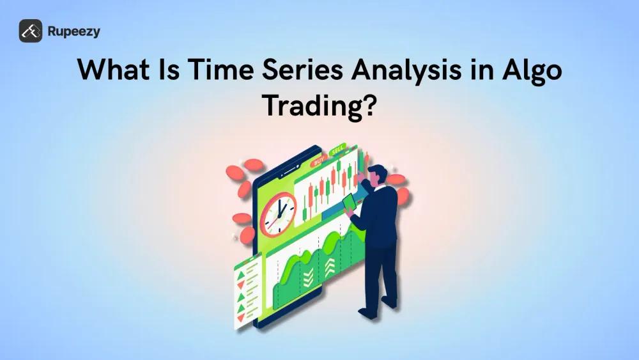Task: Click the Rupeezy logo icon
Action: pos(31,31)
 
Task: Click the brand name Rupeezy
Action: pos(73,31)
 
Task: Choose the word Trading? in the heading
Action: pos(319,106)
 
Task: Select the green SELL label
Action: pos(337,152)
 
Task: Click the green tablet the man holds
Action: pos(350,203)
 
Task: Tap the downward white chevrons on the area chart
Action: pos(308,277)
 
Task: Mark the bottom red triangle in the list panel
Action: pos(241,317)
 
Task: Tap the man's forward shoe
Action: pos(367,313)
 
